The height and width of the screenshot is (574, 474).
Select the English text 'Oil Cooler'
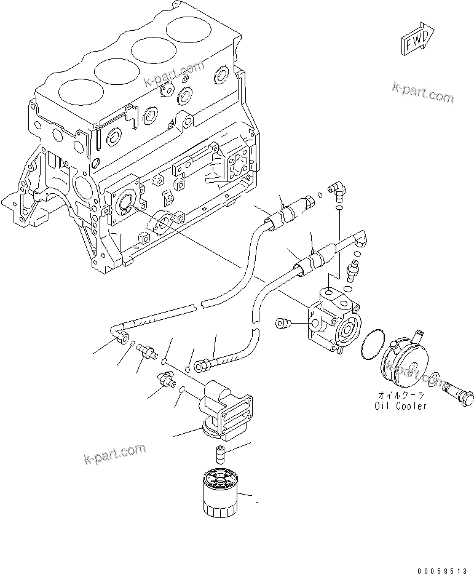pyautogui.click(x=400, y=406)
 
